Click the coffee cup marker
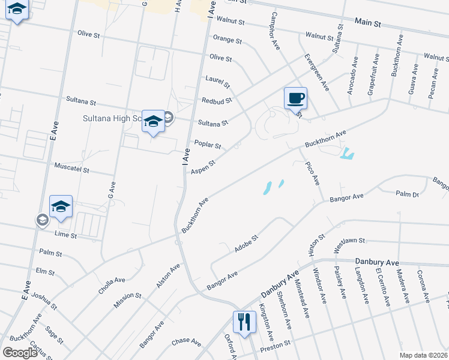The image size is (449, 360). pos(295,98)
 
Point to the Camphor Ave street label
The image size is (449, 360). pos(276,31)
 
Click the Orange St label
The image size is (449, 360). pos(228,41)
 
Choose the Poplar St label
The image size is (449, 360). pos(208,145)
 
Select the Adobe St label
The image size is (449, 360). pos(246,244)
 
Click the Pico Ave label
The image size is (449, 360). pos(312,173)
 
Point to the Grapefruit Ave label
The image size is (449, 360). pos(372,74)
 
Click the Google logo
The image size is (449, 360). pos(20,353)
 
